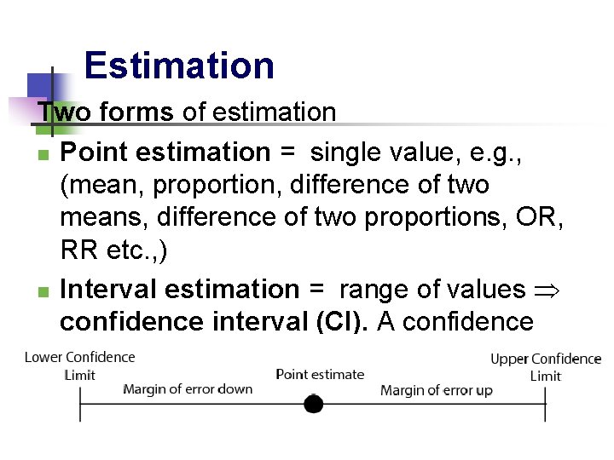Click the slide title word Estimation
pos(179,66)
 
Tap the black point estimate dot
pos(314,404)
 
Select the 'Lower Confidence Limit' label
pos(80,365)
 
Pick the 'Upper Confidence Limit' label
pos(546,367)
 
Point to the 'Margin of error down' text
pos(188,389)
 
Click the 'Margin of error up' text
pos(437,390)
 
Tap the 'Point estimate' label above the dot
pos(320,374)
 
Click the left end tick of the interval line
pos(80,404)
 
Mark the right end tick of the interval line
pos(545,404)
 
